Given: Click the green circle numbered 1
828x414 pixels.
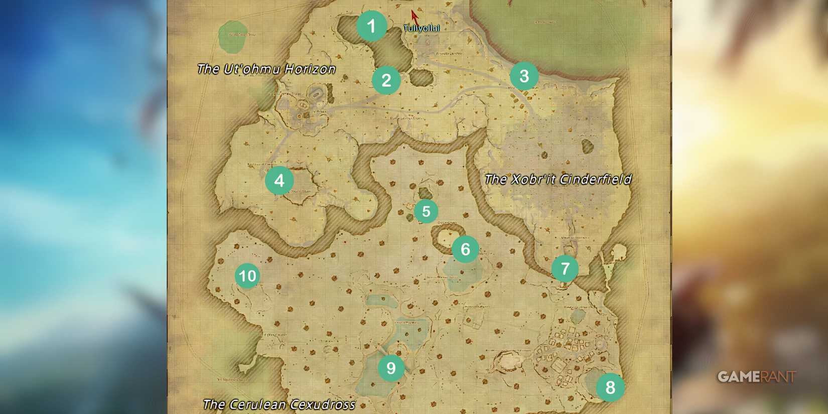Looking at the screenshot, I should pos(371,26).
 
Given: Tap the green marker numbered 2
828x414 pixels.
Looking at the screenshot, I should pos(386,80).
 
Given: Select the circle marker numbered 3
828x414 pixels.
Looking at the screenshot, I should pos(524,76).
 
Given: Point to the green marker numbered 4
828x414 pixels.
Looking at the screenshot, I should pos(279,181).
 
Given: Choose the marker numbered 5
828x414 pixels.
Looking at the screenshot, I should pos(426,211).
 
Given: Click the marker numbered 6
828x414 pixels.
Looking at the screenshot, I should pos(465,249).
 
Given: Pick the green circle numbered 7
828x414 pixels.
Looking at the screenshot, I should pos(565,268).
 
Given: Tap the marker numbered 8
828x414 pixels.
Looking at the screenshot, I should pos(610,387).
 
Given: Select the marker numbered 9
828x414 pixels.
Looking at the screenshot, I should pos(391,368).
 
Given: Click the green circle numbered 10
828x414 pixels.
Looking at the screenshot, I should pos(247,275).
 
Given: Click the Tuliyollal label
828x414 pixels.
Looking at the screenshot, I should pos(422,29).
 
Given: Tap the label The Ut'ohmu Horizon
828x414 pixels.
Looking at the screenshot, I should pos(266,69).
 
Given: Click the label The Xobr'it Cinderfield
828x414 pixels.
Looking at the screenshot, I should pos(558,179).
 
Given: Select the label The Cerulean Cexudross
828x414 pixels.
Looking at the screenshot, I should pos(279,404).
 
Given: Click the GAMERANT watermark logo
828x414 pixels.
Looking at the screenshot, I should pos(756,377).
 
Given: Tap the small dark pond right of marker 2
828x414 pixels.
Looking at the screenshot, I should pos(421,77).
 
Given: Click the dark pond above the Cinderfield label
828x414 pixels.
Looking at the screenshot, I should pos(587,147).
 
